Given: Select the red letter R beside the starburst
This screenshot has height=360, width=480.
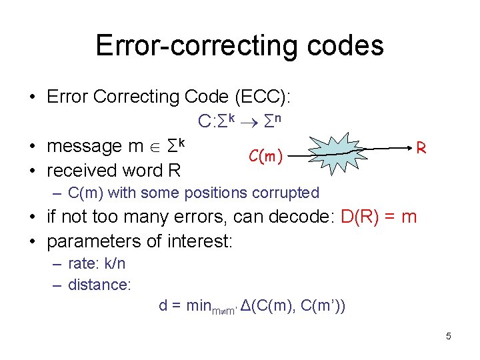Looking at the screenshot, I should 421,147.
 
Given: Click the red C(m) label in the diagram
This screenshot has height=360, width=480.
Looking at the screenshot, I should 265,157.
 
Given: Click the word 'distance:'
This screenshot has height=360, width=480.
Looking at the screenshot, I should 99,285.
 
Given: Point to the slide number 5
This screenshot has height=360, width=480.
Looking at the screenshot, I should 448,336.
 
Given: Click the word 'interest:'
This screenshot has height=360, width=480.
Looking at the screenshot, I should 202,240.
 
